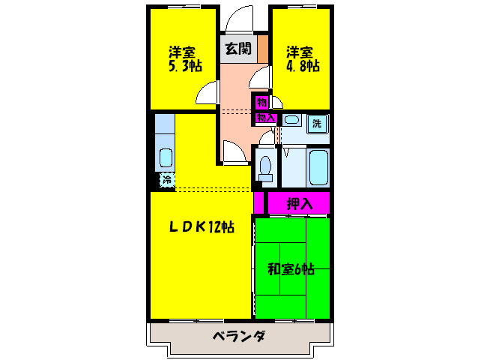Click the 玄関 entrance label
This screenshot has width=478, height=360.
pyautogui.click(x=238, y=49)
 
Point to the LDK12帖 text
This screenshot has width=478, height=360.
pyautogui.click(x=200, y=226)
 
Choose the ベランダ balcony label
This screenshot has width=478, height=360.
pyautogui.click(x=238, y=336)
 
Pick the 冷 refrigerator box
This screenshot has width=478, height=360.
pyautogui.click(x=166, y=180)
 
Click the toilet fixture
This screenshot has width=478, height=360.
pyautogui.click(x=264, y=166)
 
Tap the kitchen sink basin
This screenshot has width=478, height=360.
pyautogui.click(x=165, y=157)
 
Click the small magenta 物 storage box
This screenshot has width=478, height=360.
pyautogui.click(x=261, y=102)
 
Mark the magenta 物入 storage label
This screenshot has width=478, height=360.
pyautogui.click(x=266, y=118)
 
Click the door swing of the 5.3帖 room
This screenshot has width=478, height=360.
pyautogui.click(x=208, y=94)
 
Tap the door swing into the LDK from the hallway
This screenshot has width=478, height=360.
pyautogui.click(x=233, y=151)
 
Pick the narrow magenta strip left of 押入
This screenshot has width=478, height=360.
pyautogui.click(x=258, y=203)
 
